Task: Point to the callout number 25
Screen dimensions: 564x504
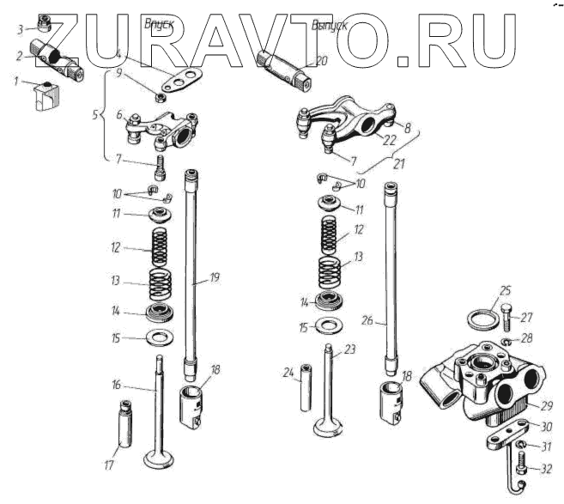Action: click(x=506, y=291)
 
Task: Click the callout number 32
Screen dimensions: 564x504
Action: click(x=547, y=469)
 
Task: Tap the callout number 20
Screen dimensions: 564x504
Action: click(x=321, y=61)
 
